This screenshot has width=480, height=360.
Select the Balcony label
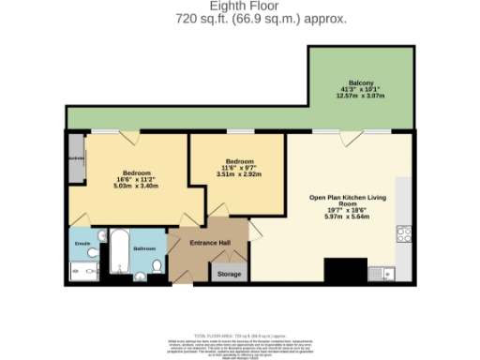tap(362, 82)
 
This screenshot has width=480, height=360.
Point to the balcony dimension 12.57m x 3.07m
tap(362, 97)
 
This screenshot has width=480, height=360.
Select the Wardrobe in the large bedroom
tap(76, 159)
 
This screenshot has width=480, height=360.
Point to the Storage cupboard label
tap(228, 274)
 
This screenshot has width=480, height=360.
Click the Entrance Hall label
tap(209, 244)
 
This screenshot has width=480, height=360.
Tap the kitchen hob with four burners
tap(404, 234)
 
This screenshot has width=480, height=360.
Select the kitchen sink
tap(381, 274)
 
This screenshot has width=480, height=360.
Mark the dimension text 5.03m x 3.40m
tap(136, 186)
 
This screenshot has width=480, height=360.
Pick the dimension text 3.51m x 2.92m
tap(229, 173)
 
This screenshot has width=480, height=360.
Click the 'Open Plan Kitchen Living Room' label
tap(348, 202)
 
